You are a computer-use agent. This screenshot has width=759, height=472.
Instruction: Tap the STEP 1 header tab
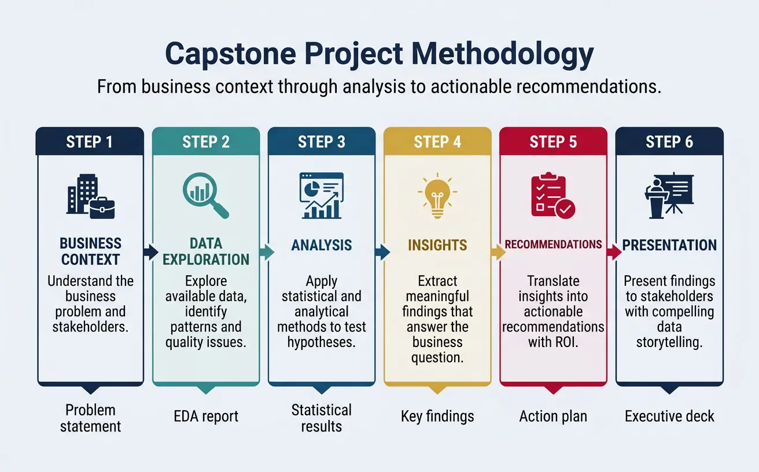[90, 142]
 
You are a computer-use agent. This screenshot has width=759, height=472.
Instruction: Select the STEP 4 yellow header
[437, 142]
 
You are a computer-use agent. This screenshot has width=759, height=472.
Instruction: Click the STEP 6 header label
[669, 142]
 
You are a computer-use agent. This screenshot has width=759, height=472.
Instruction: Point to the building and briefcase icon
[90, 197]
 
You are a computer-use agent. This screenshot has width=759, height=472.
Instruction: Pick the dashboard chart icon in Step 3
[321, 196]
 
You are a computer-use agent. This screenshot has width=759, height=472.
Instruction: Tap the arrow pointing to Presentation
[613, 252]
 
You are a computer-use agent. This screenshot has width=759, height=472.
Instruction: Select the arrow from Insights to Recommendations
[496, 252]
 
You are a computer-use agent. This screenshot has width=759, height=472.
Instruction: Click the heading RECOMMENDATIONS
[553, 245]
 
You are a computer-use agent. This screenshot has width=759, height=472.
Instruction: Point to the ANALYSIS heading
[321, 245]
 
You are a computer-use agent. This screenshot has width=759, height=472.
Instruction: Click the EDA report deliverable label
[206, 416]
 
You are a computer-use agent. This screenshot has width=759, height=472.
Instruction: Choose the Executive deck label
[669, 416]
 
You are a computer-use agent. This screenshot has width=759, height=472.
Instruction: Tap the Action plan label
[553, 416]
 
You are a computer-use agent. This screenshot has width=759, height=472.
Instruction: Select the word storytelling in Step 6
[669, 342]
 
